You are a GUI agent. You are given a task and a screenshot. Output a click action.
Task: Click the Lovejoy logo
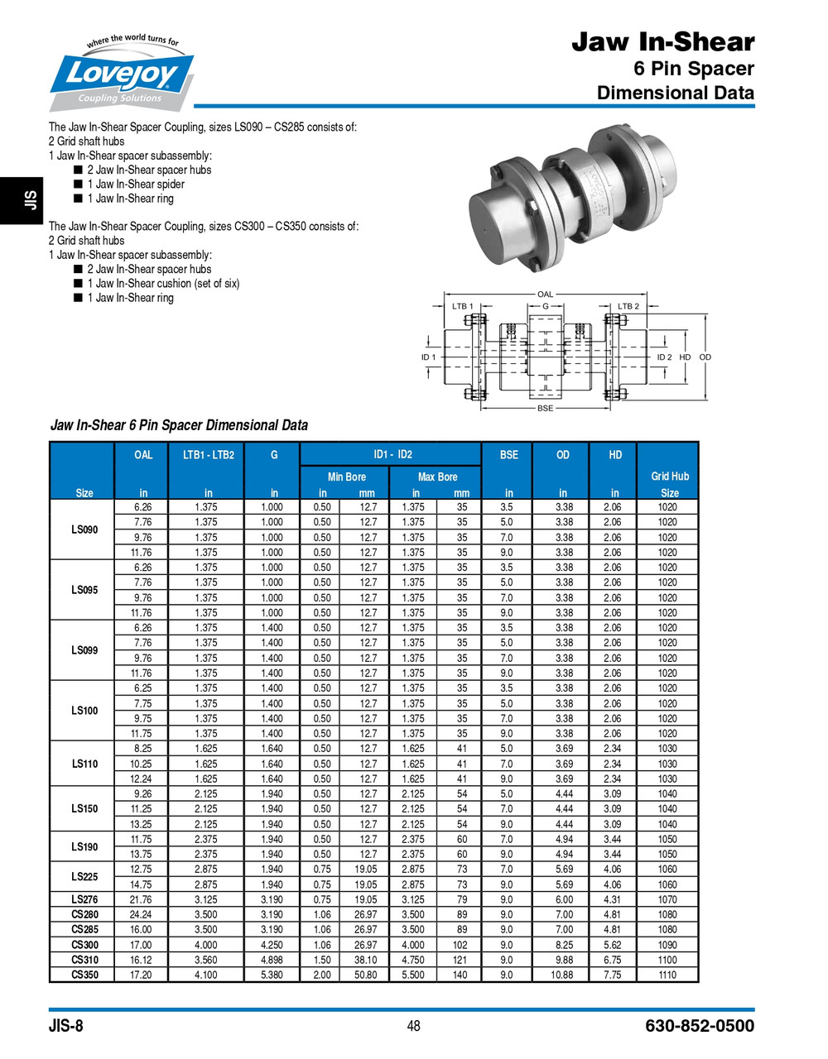(x=122, y=74)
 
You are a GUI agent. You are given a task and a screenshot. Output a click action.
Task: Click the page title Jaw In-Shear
(x=662, y=42)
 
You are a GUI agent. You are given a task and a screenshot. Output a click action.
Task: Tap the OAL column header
(x=143, y=454)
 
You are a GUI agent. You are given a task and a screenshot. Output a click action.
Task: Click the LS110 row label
(x=84, y=764)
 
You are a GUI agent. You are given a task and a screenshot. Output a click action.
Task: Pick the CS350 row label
(x=84, y=975)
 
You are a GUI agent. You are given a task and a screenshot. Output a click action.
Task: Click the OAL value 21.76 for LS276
(x=142, y=899)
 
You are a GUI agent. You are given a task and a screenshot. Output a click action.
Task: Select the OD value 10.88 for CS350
(x=562, y=975)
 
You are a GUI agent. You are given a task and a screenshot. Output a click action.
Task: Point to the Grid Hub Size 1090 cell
(x=667, y=945)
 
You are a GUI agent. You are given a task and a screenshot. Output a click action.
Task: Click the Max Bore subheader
(x=437, y=477)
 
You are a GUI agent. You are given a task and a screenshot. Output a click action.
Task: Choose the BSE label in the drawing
(x=545, y=408)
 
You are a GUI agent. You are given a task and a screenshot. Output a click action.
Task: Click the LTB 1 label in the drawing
(x=462, y=306)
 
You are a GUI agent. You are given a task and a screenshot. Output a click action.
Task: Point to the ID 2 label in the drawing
(x=664, y=357)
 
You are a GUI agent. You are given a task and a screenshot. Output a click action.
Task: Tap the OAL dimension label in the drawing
(x=545, y=295)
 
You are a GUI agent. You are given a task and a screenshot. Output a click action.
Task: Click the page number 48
(x=413, y=1026)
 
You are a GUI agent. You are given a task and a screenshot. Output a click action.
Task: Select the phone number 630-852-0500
(x=699, y=1026)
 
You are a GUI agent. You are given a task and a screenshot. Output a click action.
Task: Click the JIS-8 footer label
(x=66, y=1026)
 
